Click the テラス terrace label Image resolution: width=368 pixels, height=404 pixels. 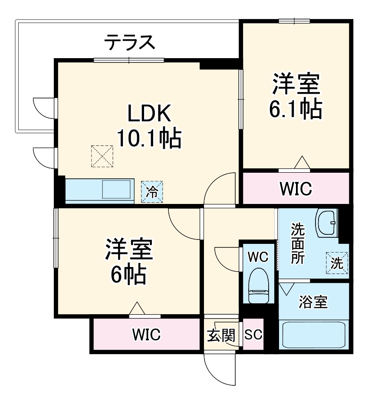(129, 43)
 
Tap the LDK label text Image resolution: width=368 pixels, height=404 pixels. (148, 115)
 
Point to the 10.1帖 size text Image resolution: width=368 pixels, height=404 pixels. (148, 139)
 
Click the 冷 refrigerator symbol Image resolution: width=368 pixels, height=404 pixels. (152, 191)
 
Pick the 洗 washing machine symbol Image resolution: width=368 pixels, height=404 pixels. (338, 263)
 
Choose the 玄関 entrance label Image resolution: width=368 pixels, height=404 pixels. (221, 335)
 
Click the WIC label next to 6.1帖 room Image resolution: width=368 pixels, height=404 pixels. (296, 189)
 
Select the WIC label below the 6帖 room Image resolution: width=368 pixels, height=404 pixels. (146, 335)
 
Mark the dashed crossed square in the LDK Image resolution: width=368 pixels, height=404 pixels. (102, 156)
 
